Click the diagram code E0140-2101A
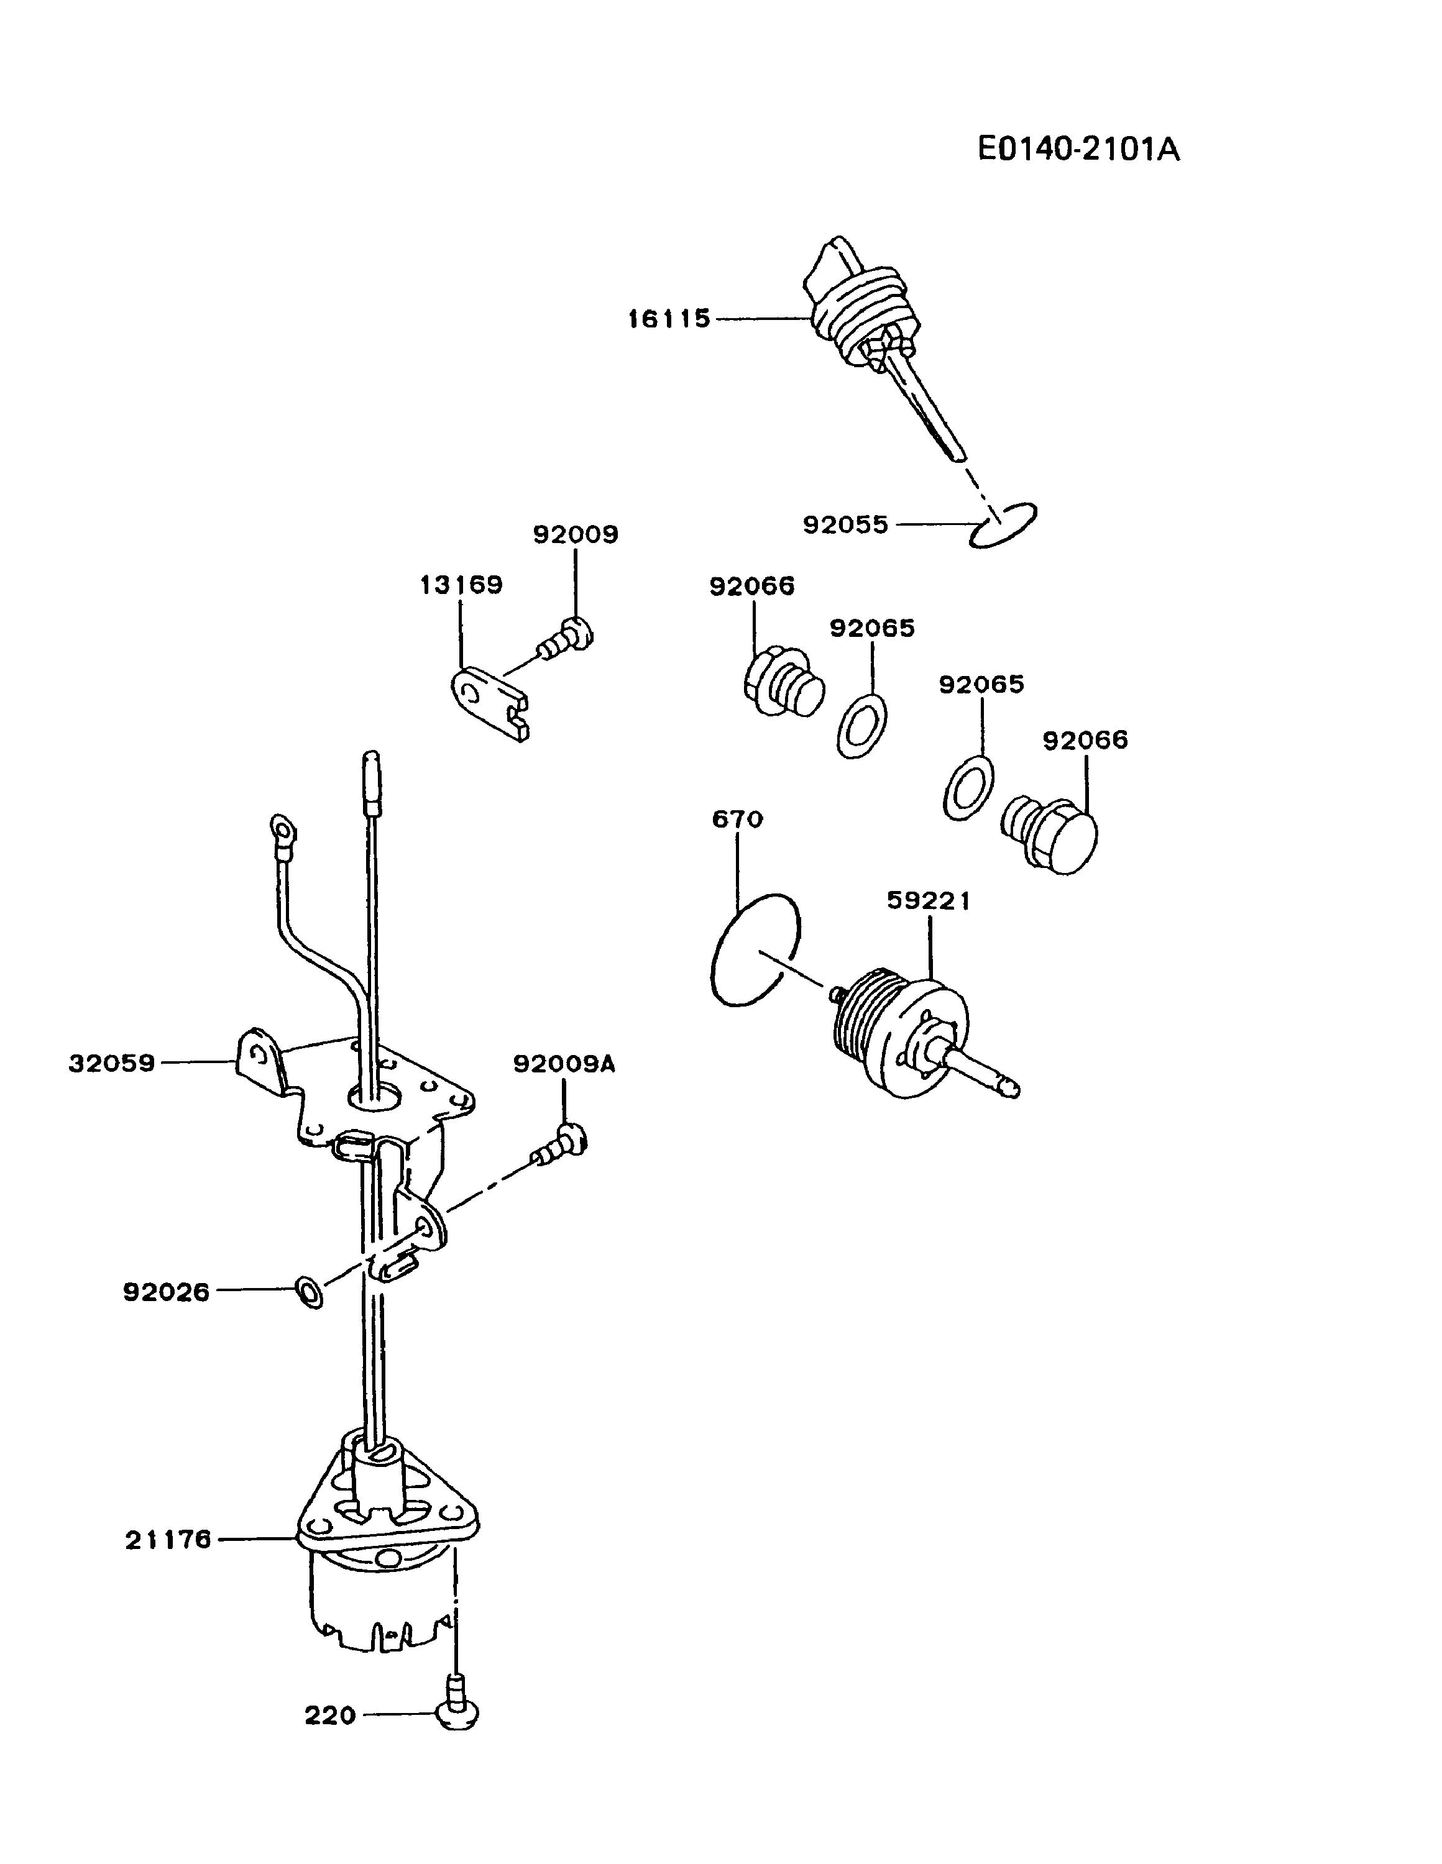[x=1078, y=150]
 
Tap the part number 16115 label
[x=669, y=319]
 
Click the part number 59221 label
[x=929, y=902]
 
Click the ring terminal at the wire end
[x=282, y=826]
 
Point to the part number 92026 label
[x=167, y=1292]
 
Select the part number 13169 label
[x=461, y=585]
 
